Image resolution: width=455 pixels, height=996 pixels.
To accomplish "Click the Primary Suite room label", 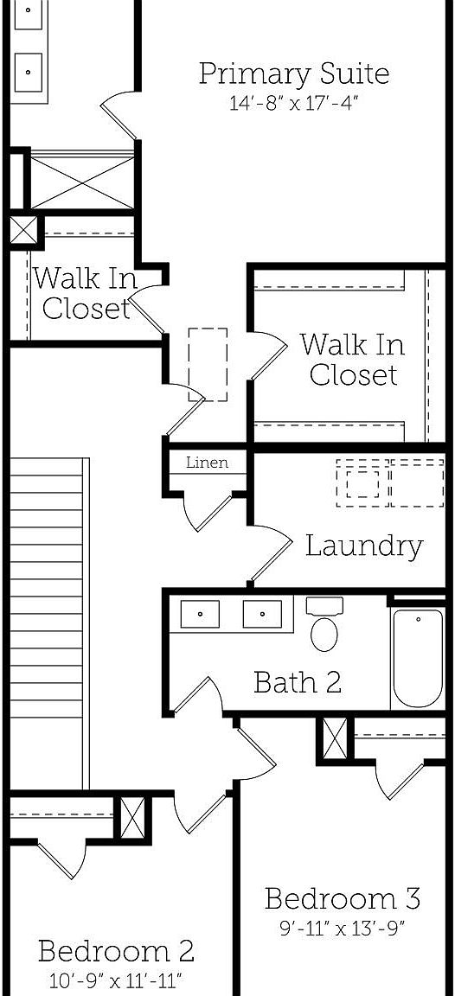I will [293, 73].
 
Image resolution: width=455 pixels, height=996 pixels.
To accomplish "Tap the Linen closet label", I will [208, 463].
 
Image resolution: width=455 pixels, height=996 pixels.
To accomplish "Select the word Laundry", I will [364, 546].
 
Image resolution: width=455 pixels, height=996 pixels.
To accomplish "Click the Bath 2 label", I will [297, 682].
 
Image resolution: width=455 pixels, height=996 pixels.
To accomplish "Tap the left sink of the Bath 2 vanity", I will [200, 615].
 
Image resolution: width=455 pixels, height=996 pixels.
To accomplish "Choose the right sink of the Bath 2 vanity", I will [262, 615].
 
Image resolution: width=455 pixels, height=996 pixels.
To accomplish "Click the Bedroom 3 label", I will [343, 899].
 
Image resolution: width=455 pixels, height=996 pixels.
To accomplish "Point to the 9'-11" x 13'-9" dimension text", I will [343, 929].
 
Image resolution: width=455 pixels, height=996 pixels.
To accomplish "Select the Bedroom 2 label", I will [116, 952].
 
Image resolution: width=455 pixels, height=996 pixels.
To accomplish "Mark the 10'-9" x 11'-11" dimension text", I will [116, 981].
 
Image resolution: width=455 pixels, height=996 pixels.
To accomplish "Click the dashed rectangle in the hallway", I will [208, 364].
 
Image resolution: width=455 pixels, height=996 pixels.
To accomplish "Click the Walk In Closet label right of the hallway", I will [353, 360].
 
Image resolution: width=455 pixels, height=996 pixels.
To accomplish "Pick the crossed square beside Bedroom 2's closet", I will [131, 817].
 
